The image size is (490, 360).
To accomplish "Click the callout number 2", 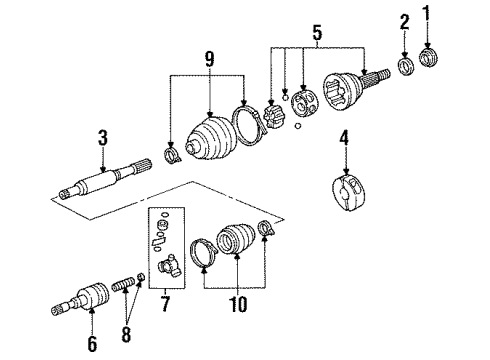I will [405, 23].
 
